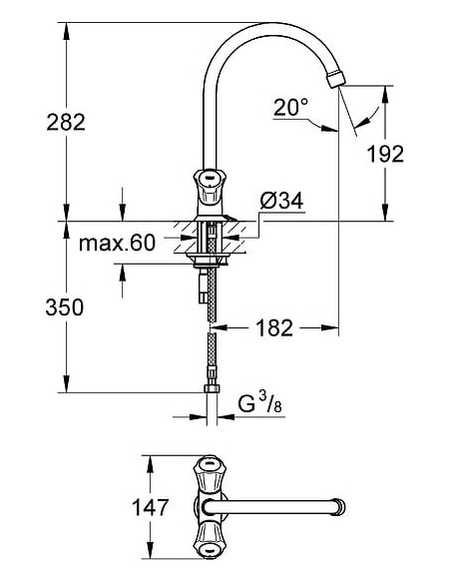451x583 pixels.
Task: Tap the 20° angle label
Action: (291, 106)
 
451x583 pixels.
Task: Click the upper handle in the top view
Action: (211, 469)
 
